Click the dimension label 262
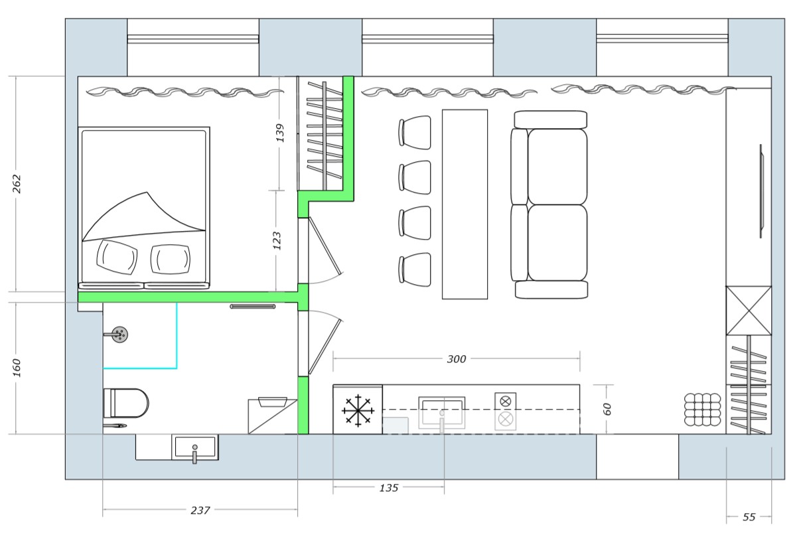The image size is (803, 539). click(17, 184)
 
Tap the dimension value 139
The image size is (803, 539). click(280, 133)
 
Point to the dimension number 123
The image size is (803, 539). click(277, 241)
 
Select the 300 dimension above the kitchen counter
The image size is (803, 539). click(457, 359)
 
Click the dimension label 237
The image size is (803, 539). click(200, 510)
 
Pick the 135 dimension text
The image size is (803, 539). click(389, 488)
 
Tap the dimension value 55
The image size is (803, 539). click(749, 517)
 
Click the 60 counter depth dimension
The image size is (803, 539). click(607, 409)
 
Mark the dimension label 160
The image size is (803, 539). click(17, 368)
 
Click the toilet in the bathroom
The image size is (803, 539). click(126, 403)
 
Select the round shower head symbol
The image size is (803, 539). click(119, 335)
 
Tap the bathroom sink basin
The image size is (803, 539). click(194, 447)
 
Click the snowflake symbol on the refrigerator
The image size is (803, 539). click(358, 411)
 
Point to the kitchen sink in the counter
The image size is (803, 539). click(442, 412)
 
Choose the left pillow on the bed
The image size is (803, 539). click(117, 257)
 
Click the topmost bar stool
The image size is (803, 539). click(415, 132)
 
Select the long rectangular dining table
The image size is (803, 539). click(465, 204)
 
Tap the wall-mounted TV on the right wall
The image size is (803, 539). click(761, 191)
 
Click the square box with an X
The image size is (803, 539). click(749, 311)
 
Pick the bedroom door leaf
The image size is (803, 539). click(325, 246)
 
